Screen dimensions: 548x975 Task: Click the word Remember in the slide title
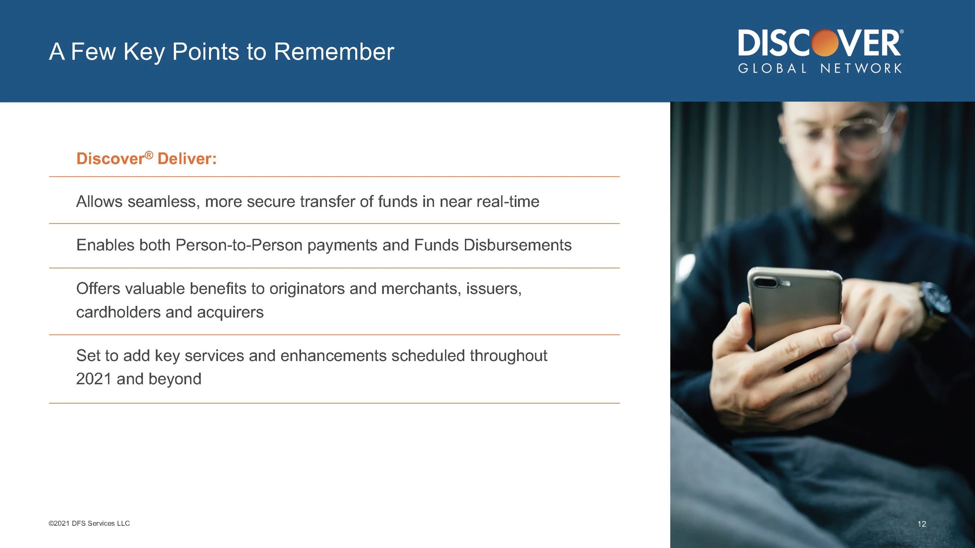point(334,51)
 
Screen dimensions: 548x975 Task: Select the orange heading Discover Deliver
point(146,159)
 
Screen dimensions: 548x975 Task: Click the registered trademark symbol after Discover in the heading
point(149,156)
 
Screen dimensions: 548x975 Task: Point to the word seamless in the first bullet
point(163,202)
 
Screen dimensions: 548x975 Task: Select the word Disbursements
point(518,245)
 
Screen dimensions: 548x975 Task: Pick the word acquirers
point(230,312)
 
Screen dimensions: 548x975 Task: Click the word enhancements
point(333,356)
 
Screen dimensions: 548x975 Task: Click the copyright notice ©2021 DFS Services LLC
point(89,523)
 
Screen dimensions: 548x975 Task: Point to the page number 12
point(921,524)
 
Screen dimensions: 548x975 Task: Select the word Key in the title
point(144,51)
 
